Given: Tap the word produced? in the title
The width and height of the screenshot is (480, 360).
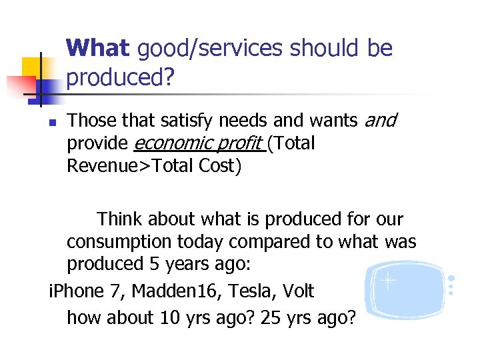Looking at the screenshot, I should [120, 78].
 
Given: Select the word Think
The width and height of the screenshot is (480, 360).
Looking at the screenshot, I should [122, 219].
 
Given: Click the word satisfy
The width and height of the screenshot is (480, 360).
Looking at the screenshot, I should [189, 120].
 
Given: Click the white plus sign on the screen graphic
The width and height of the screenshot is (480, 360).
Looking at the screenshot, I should [387, 281].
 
